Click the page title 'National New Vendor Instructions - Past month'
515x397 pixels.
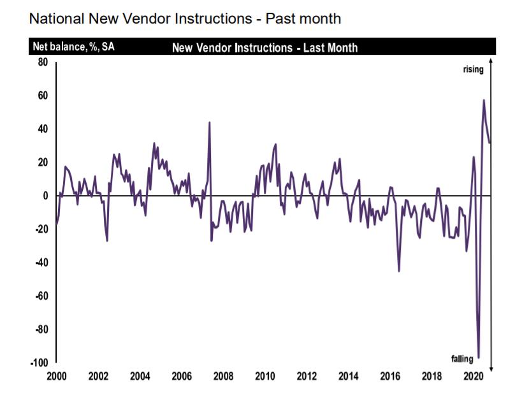point(185,18)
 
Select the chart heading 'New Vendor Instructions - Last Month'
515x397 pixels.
point(265,48)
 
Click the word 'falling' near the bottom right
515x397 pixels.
point(462,359)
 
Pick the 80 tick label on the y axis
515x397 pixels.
point(43,62)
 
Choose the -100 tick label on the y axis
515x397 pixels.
point(40,363)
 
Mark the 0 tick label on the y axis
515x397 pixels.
point(45,196)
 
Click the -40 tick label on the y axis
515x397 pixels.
point(41,263)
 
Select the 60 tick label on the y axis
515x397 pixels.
point(43,96)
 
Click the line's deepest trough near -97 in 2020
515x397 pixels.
point(479,357)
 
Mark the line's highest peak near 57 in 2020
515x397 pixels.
point(484,100)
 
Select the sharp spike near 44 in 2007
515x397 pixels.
point(210,122)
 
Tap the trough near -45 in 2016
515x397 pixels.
point(399,271)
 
